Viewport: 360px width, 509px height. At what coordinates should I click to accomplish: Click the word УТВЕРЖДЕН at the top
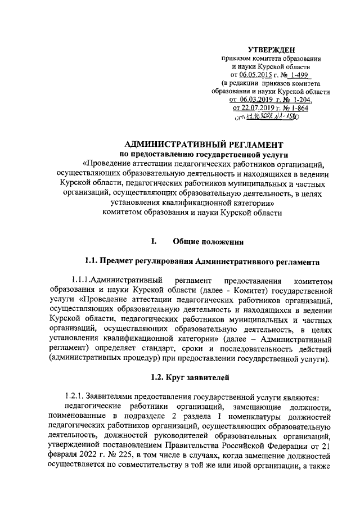point(275,49)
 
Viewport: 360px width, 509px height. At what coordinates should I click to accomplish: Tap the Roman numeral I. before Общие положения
point(152,242)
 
